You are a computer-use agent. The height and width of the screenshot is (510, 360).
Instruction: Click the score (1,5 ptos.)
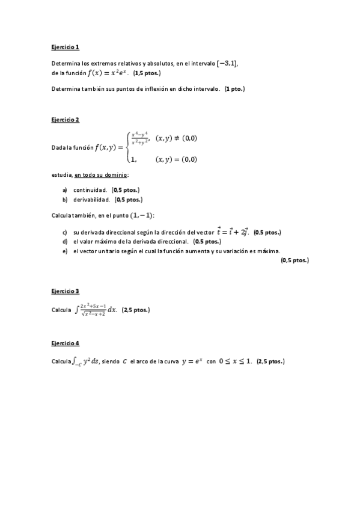coord(147,73)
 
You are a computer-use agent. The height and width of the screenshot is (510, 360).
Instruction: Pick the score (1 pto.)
coord(234,89)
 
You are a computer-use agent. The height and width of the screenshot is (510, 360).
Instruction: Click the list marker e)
coord(64,251)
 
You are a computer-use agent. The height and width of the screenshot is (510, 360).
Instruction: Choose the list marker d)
coord(64,241)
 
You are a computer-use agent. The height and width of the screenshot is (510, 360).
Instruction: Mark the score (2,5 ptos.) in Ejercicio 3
coord(135,310)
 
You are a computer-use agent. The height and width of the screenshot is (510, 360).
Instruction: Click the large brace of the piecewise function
coord(127,147)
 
